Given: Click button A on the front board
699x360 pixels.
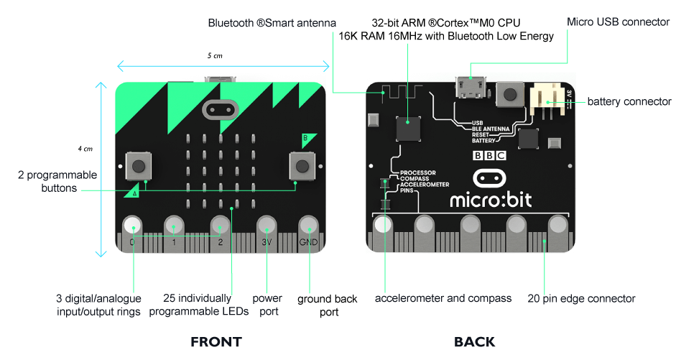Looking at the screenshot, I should (x=139, y=166).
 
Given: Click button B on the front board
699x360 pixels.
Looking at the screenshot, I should (x=302, y=166).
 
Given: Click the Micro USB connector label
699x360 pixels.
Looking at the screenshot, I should (x=618, y=22).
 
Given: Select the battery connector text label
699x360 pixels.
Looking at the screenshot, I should (x=629, y=101).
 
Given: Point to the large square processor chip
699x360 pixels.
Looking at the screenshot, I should (x=409, y=127).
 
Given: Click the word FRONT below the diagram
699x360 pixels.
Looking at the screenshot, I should (x=216, y=342).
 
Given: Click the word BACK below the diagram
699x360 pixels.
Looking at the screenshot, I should (x=474, y=342).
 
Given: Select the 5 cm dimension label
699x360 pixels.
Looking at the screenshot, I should (x=216, y=55).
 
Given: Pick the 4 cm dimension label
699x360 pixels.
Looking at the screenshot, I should (x=85, y=149).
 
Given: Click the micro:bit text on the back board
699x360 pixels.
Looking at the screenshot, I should (x=491, y=199).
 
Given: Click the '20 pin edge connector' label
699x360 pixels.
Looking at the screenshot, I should (x=581, y=298).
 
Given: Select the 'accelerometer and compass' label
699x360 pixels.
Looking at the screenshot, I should (x=443, y=297).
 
